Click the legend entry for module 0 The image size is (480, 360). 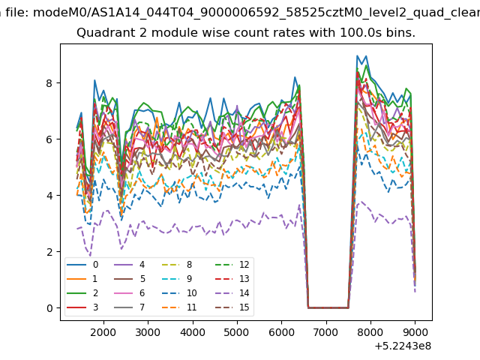82,265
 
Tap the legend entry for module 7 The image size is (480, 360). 130,307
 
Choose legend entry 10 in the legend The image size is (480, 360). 180,293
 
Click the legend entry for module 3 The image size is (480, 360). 82,307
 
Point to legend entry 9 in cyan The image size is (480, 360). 177,278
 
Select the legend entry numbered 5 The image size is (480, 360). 130,278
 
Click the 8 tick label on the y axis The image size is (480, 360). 49,83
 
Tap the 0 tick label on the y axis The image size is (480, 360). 49,308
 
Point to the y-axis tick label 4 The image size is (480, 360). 49,196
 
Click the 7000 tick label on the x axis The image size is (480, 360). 326,332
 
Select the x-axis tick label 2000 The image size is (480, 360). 103,332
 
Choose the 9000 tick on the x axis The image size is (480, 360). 415,332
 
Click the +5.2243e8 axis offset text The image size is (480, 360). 403,346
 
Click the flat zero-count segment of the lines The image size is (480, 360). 328,307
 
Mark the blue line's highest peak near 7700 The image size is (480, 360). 357,55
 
